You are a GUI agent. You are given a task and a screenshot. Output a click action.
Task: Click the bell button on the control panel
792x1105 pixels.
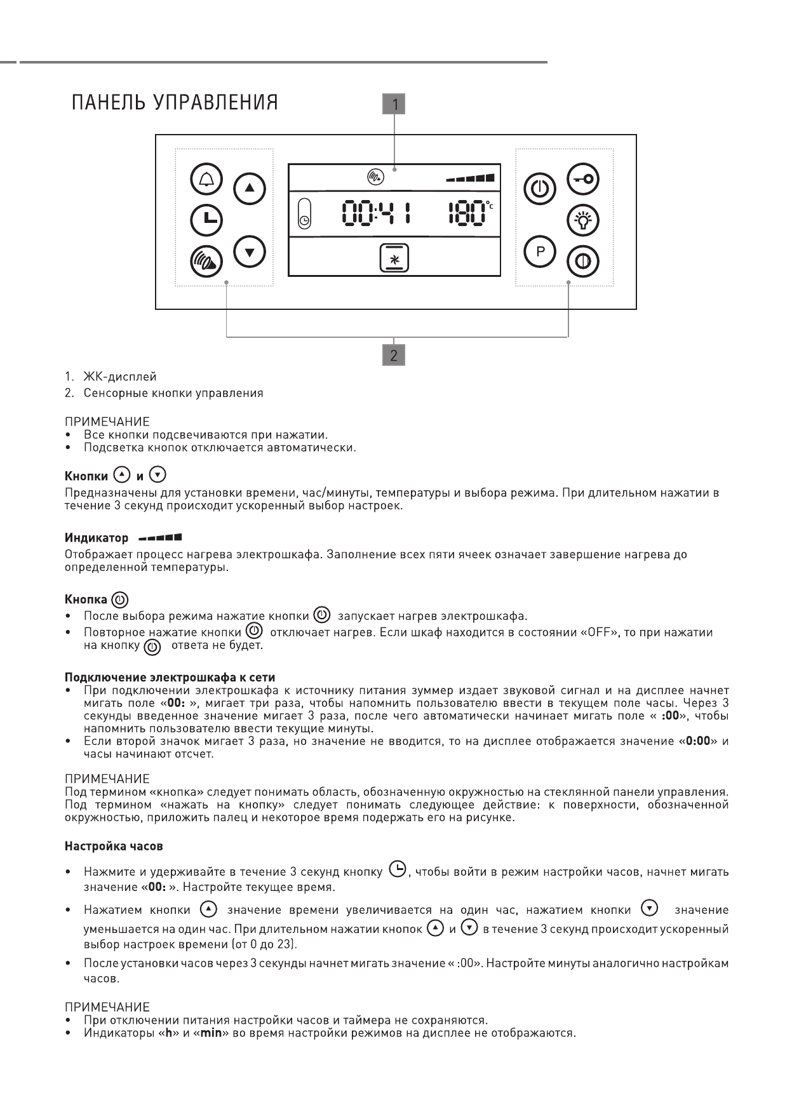point(206,180)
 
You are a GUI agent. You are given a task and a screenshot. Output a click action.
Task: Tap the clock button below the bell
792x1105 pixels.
point(206,220)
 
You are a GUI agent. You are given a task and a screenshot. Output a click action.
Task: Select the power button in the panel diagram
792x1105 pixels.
point(540,189)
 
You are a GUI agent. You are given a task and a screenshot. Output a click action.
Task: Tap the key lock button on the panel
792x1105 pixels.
point(583,179)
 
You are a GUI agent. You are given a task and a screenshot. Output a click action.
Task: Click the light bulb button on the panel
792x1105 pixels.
point(583,220)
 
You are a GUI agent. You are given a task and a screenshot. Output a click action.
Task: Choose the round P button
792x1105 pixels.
point(540,251)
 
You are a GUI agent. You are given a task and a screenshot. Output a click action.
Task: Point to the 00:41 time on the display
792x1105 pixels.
point(375,213)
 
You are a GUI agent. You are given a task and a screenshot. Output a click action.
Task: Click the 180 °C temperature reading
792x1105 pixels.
point(469,213)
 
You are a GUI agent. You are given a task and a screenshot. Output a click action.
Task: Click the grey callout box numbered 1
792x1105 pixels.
point(394,104)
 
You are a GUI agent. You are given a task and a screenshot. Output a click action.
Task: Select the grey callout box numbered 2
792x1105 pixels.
point(394,355)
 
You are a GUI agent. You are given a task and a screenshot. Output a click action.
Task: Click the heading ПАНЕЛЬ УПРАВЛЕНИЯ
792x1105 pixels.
point(175,103)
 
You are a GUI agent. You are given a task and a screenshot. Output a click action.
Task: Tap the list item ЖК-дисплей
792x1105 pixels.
point(119,377)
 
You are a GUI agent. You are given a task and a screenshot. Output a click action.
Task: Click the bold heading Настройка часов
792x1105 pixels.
point(114,847)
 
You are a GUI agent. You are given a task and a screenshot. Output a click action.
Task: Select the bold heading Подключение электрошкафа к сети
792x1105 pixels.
point(170,678)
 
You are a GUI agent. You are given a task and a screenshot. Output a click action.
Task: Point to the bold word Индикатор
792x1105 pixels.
point(97,539)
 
